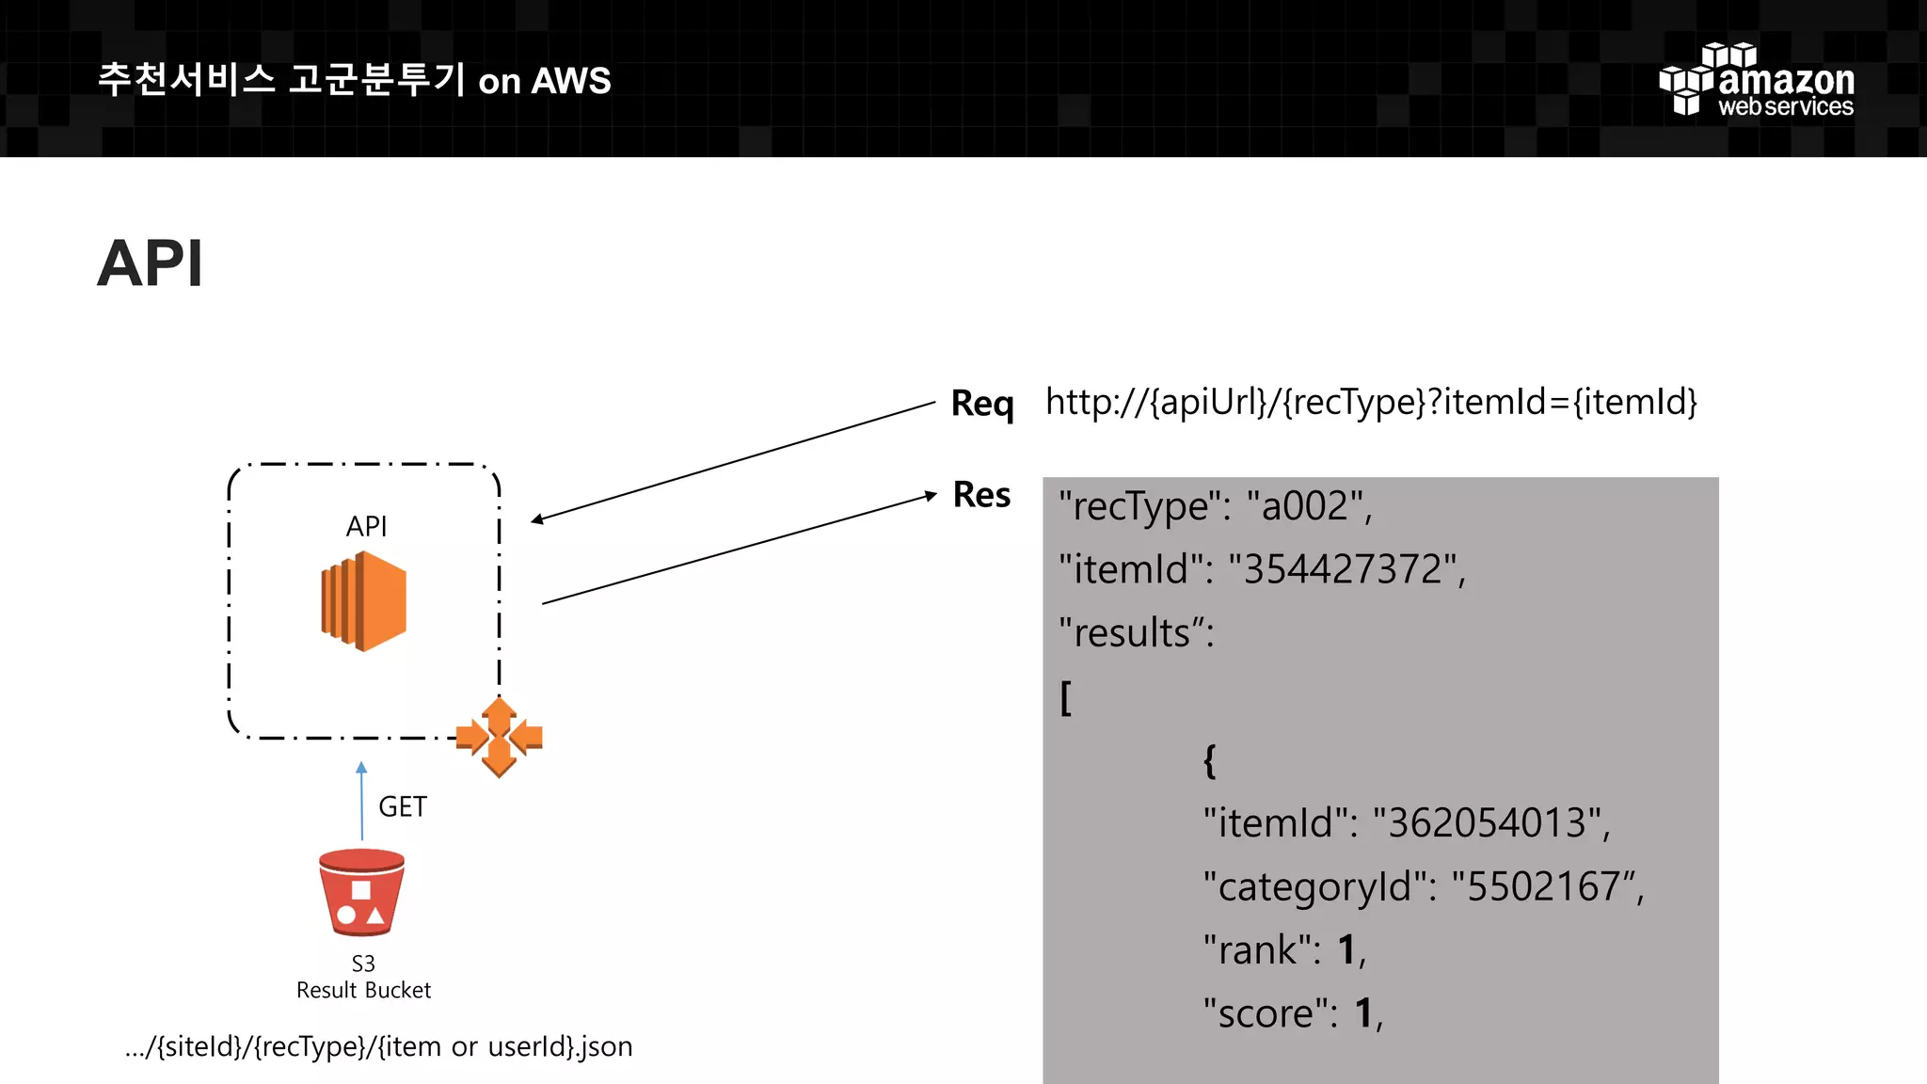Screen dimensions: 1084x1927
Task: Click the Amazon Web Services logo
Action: click(x=1756, y=81)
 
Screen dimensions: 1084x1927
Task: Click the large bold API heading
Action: click(x=150, y=263)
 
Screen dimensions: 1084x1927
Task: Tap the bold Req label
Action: click(x=982, y=404)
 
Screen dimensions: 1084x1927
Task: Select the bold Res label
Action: click(x=981, y=495)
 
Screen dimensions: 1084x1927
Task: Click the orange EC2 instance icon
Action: click(x=364, y=601)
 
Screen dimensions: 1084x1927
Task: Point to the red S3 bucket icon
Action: click(x=362, y=892)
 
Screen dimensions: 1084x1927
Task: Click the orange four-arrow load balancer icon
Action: click(x=499, y=737)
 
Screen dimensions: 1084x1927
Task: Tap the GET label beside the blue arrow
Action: click(x=403, y=806)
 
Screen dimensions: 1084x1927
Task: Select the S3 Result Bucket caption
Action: click(x=363, y=977)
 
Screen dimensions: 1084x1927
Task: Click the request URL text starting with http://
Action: click(x=1371, y=403)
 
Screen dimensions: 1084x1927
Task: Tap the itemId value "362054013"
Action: click(x=1489, y=823)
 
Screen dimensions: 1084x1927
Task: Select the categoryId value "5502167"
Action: click(x=1544, y=886)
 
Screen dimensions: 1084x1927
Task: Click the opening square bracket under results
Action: click(x=1066, y=698)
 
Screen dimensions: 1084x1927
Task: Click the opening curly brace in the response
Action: click(x=1210, y=760)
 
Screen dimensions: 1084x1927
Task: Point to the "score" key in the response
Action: click(x=1265, y=1013)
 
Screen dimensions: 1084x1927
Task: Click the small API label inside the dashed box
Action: click(x=366, y=526)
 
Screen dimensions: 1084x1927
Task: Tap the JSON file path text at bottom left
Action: click(x=378, y=1046)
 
